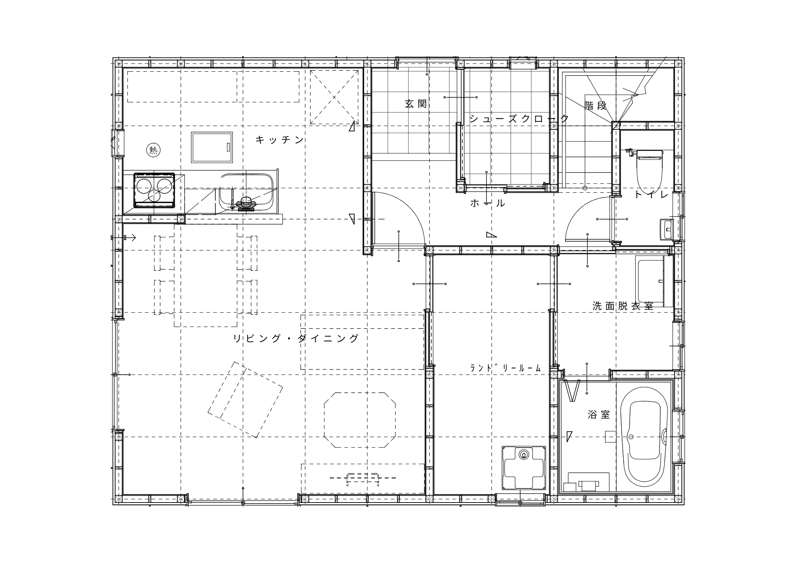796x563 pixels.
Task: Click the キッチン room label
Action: pos(280,140)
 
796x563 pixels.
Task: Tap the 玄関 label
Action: pos(416,104)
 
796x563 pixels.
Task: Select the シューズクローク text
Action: pos(519,119)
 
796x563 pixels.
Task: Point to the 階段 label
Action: pos(596,106)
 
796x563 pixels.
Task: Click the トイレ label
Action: pos(651,194)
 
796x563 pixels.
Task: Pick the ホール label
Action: pos(488,203)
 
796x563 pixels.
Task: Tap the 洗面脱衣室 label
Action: pos(623,306)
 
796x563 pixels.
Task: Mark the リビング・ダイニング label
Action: pos(296,338)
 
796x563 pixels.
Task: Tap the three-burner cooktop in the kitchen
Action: pos(154,190)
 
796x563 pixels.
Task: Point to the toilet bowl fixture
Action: pos(650,172)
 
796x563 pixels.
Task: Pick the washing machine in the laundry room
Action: pos(523,468)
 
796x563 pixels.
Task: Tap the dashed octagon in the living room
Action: pos(360,420)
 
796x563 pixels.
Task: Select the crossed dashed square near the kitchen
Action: pos(334,97)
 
